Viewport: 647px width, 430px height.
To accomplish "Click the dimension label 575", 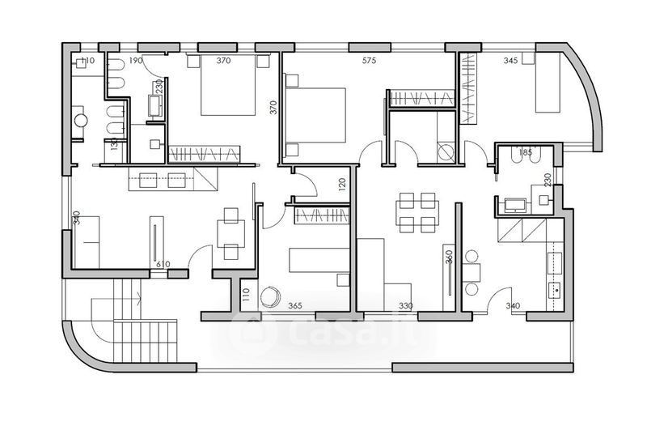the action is (369, 60).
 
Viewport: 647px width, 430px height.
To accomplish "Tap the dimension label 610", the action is (163, 264).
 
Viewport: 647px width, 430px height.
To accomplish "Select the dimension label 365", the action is (295, 305).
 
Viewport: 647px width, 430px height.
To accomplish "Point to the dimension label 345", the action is (510, 60).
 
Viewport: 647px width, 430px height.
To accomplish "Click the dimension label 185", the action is (526, 152).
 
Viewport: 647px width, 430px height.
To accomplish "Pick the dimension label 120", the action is (341, 183).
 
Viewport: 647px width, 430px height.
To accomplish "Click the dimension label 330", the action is (406, 305).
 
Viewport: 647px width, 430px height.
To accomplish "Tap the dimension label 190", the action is (135, 60).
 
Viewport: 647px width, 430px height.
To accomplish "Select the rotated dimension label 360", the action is (450, 257).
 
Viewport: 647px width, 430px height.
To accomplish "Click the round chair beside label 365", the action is (270, 297).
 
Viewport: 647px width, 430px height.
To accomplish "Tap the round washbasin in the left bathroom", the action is (81, 121).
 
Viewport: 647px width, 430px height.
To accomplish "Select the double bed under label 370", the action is (228, 86).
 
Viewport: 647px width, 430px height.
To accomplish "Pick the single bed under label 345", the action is (548, 83).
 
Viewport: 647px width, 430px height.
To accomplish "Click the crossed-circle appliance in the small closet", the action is (446, 153).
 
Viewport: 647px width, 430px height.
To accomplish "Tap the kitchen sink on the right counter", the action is (555, 290).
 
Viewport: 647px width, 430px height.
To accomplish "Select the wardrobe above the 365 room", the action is (321, 215).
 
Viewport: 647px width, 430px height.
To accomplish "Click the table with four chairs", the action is (417, 212).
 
